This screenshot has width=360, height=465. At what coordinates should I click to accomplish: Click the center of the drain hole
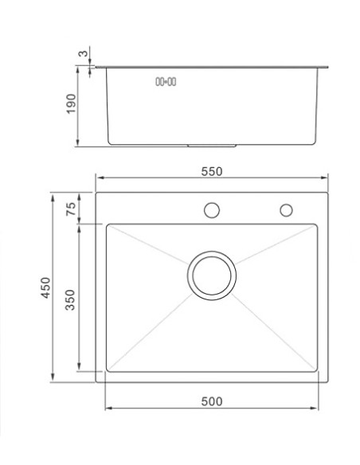pos(212,276)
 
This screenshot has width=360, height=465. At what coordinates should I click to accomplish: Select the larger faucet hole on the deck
pos(212,210)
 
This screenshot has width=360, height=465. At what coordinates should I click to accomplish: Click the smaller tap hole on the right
pos(284,210)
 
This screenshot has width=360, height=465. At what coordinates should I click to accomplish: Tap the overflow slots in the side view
pos(165,81)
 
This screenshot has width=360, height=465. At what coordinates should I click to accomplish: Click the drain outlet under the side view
pos(212,146)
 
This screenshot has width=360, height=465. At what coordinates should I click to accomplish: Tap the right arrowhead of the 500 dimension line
pos(315,409)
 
